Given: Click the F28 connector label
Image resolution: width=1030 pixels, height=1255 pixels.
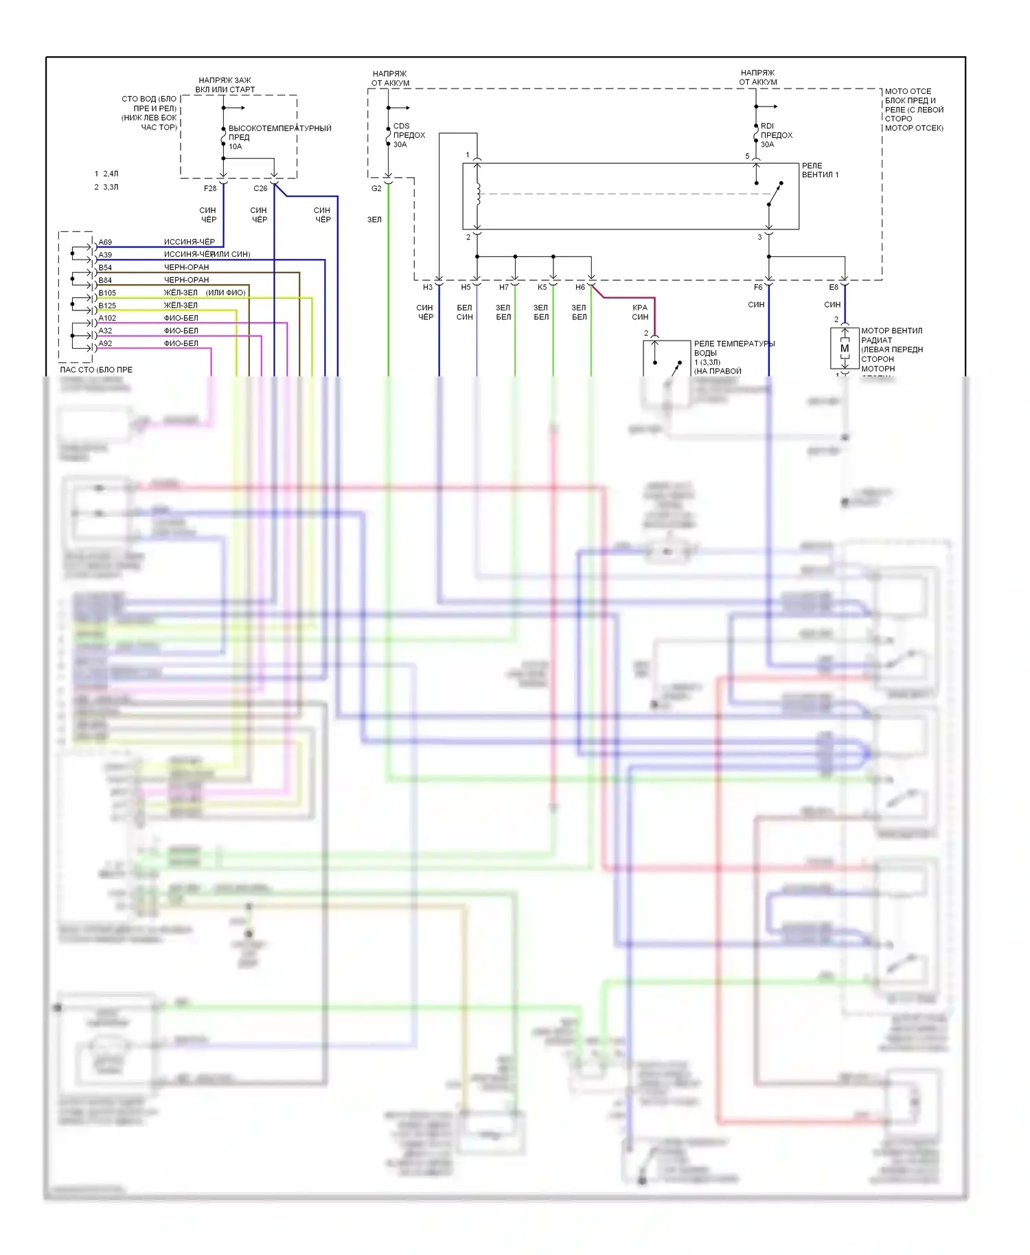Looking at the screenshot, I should [210, 188].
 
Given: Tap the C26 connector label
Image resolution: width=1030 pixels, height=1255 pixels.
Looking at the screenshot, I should [260, 188].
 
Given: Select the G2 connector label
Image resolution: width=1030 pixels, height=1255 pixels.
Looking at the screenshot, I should [376, 188].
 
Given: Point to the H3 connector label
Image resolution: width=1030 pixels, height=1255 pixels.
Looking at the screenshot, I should [428, 287].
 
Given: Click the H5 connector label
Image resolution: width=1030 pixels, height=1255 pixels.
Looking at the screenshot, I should [466, 287].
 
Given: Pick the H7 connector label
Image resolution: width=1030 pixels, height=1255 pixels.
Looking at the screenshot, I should [504, 287].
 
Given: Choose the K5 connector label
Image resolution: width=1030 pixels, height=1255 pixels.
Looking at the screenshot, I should [542, 287].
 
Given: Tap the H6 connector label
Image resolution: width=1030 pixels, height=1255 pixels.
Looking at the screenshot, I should [580, 287].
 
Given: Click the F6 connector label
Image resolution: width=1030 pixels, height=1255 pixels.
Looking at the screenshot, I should [758, 287].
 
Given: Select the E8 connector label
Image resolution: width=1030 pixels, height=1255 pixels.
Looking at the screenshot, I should [834, 287].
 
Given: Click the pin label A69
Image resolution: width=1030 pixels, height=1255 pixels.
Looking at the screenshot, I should [105, 242].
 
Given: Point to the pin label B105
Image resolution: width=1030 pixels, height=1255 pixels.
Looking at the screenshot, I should [107, 293].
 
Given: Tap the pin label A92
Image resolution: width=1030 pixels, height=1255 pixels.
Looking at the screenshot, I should [105, 343].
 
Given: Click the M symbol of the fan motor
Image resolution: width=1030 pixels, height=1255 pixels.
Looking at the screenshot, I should [845, 349].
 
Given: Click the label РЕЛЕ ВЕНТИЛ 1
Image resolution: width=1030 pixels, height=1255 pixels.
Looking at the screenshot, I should [820, 170].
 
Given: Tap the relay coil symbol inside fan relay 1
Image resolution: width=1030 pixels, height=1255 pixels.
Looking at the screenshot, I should [478, 194].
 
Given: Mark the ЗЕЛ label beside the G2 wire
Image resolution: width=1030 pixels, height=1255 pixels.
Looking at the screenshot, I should [374, 220].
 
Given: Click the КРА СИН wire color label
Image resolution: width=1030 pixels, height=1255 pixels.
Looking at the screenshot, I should [640, 312].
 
